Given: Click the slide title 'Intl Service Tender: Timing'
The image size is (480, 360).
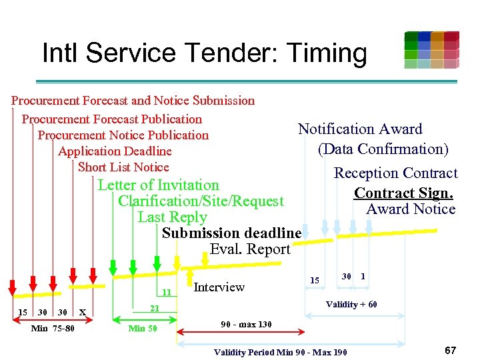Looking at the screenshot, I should click(204, 53).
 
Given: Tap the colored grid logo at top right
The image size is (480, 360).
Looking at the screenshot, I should click(431, 50).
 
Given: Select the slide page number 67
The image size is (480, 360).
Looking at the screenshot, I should click(450, 350).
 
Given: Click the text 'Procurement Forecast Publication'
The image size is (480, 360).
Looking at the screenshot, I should click(111, 119).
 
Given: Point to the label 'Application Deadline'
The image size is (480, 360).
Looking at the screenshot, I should click(115, 151).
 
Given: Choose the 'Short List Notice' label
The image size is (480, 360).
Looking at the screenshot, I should click(123, 167).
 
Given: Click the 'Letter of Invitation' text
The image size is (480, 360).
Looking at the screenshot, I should click(158, 185).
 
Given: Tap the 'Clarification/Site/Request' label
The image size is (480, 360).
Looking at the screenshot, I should click(201, 201).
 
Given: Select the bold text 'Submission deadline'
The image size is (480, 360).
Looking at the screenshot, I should click(231, 233).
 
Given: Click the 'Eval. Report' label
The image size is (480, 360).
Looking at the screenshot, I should click(250, 249).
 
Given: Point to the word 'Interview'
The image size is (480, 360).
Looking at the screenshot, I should click(219, 287).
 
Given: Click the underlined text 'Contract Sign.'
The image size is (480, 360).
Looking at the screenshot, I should click(403, 193).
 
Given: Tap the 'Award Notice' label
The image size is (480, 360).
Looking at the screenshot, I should click(411, 209).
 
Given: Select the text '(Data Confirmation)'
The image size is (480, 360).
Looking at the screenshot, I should click(383, 149).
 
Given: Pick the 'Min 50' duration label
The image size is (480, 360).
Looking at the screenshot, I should click(142, 328).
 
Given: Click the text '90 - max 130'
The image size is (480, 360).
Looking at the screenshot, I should click(246, 325).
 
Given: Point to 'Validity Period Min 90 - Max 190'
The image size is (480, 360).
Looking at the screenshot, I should click(280, 351).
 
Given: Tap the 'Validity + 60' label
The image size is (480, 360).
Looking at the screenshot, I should click(351, 305).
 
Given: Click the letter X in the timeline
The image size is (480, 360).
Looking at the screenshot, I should click(81, 312).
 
